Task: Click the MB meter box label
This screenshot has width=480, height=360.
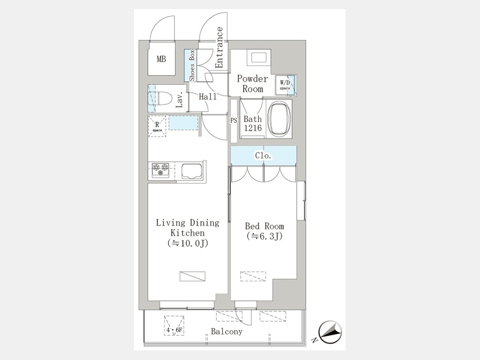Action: coord(161,59)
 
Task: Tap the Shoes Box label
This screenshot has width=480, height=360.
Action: coord(192,65)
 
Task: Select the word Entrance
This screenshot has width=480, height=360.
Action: coord(219,47)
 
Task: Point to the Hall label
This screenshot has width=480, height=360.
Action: coord(208,97)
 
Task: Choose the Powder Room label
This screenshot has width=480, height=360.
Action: coord(253,84)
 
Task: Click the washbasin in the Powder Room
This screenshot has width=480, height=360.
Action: coord(259,58)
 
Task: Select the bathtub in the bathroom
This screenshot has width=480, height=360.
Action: coord(279,119)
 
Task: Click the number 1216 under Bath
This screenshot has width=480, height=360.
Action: coord(253,128)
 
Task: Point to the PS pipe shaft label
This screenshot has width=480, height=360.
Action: coord(234,121)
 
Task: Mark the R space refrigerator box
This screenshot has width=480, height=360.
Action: coord(157,126)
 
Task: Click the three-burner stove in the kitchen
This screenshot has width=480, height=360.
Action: coord(161,170)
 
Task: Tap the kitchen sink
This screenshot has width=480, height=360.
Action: coord(192,171)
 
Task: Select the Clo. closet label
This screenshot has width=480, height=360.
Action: coord(263,156)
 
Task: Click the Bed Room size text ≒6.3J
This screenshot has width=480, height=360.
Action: coord(265,236)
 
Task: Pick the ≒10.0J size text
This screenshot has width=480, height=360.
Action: coord(188,243)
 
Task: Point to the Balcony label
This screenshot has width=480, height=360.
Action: coord(227,332)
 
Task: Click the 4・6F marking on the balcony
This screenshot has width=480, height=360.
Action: coord(174,330)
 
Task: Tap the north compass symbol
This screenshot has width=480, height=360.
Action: coord(330,332)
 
